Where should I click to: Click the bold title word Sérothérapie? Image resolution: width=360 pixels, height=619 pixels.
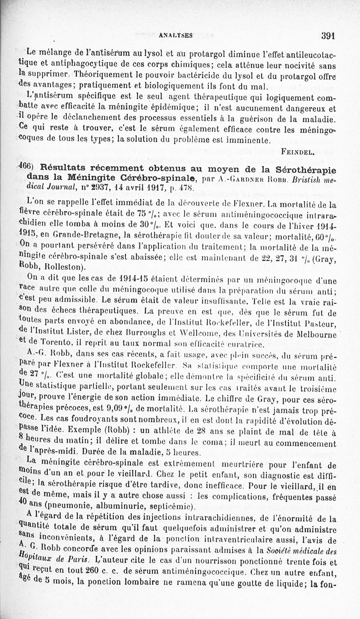pyautogui.click(x=306, y=169)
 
